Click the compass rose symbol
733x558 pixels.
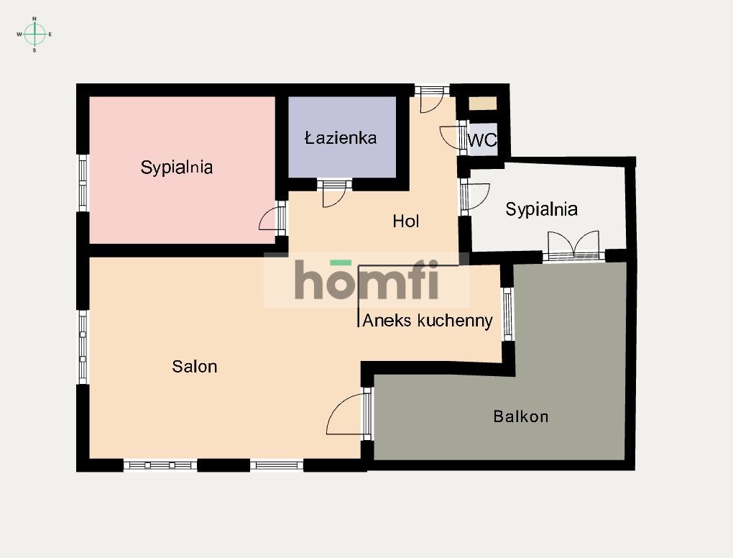34,33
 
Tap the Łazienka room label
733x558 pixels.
341,138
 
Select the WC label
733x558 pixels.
482,141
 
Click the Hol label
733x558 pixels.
406,221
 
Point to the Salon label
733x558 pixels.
194,367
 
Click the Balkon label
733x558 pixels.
521,416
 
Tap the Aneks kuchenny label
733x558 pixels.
428,321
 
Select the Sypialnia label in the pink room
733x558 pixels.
177,168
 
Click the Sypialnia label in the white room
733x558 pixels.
541,209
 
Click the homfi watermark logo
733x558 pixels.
366,280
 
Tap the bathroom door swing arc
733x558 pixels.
333,195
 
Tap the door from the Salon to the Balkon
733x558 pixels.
347,415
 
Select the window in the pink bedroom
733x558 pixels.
83,183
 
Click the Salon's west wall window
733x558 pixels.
83,347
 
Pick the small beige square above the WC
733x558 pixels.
482,104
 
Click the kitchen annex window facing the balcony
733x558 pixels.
507,314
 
